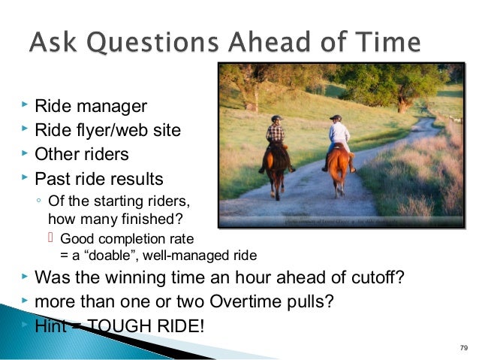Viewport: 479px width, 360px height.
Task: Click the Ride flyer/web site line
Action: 107,130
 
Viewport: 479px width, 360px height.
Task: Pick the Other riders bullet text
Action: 82,155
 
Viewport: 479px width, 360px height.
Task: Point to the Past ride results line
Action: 99,180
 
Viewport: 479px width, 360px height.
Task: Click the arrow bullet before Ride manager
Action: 23,104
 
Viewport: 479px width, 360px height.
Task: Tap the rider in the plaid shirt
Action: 276,136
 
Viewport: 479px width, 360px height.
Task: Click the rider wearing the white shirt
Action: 339,135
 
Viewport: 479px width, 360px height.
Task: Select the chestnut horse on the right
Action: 339,169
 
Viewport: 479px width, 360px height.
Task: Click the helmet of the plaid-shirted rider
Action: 277,119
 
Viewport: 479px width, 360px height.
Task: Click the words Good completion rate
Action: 126,239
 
